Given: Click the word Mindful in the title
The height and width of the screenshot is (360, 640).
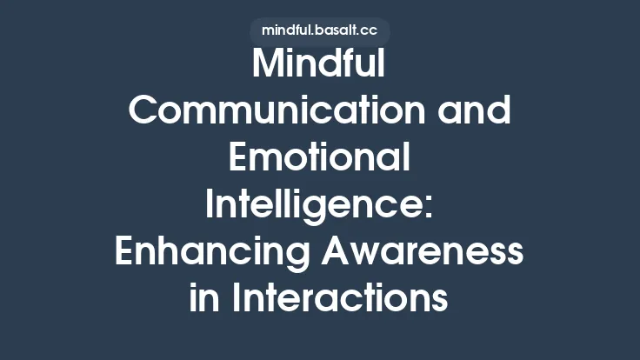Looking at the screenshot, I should tap(319, 67).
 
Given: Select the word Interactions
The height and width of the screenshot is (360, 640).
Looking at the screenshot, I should tap(340, 300).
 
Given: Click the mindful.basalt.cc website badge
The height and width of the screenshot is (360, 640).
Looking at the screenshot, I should tap(319, 30).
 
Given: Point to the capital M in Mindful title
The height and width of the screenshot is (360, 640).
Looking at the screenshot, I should tap(265, 67).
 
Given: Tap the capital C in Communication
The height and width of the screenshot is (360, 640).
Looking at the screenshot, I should tap(143, 113).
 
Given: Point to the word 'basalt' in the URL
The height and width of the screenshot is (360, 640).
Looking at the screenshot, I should tap(334, 30).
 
